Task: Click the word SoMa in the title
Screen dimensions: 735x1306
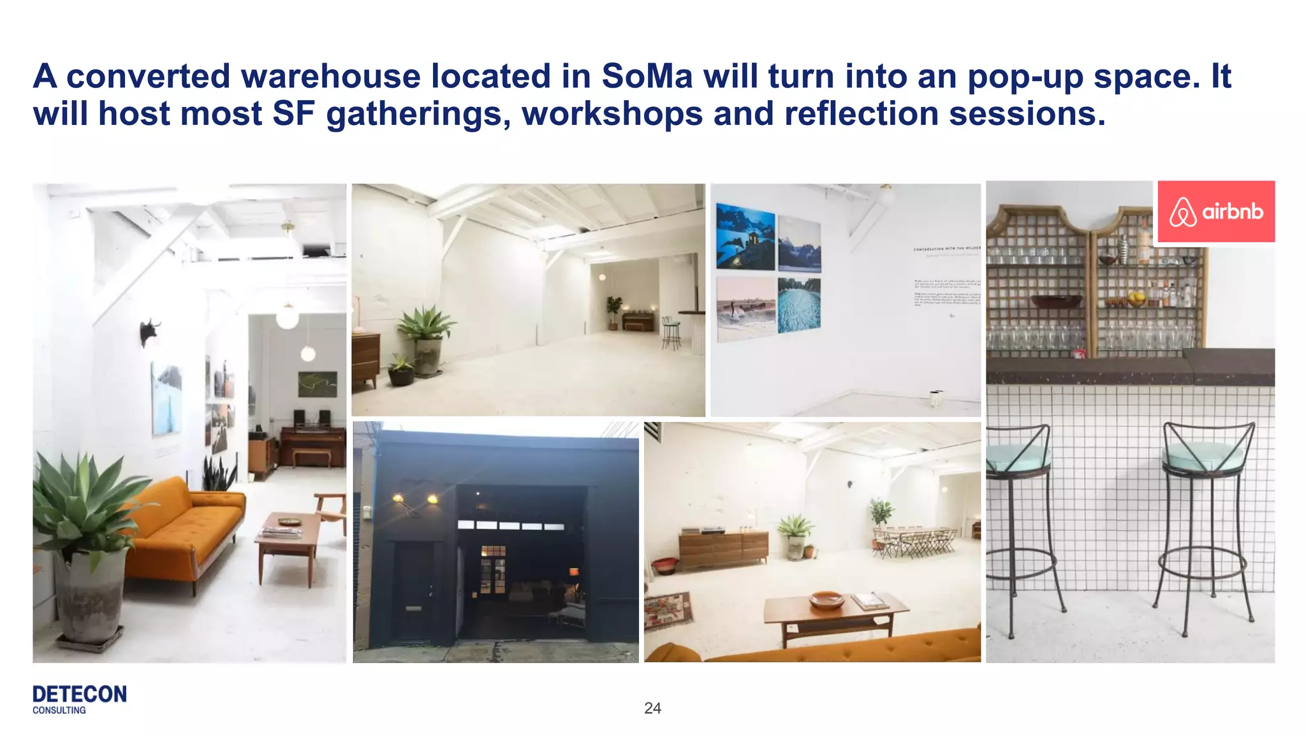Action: [647, 76]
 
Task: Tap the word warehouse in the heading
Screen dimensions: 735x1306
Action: [330, 76]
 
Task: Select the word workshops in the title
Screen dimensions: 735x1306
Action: [612, 114]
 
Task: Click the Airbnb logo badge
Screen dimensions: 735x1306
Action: [1215, 212]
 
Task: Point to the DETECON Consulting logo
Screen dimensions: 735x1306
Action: [79, 699]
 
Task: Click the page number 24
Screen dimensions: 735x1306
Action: [652, 708]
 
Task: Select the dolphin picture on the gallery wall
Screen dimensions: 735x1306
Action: [745, 237]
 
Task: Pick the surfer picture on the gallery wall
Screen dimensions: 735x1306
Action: [745, 310]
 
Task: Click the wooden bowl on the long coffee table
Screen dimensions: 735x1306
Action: [826, 600]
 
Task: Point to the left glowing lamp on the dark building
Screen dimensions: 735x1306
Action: [399, 498]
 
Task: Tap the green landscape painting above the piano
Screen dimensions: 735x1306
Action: [317, 384]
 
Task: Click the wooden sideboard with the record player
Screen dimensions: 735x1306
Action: [723, 548]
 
